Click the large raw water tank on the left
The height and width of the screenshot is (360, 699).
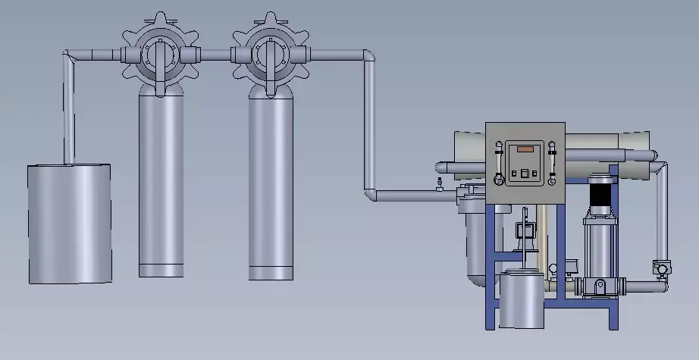(x=70, y=224)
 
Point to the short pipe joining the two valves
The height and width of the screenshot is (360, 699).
(x=216, y=55)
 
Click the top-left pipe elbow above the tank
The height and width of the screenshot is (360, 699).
(x=71, y=57)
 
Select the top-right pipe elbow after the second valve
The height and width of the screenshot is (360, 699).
(x=368, y=57)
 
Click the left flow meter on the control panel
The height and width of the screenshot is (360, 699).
(x=497, y=163)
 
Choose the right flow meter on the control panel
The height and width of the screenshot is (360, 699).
(x=553, y=163)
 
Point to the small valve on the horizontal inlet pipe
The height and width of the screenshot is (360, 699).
(x=437, y=186)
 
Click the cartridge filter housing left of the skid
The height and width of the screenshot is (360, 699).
(x=474, y=239)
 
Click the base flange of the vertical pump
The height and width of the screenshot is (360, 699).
(x=598, y=287)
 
